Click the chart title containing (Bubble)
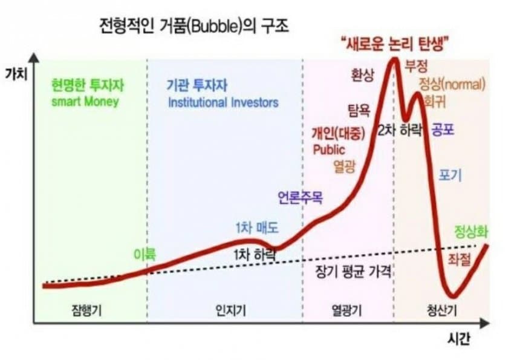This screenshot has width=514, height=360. click(x=194, y=26)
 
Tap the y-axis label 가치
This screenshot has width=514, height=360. click(x=16, y=74)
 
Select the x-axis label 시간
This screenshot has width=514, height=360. click(x=459, y=339)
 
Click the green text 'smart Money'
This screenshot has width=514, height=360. click(x=85, y=102)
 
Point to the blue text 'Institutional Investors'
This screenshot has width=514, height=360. click(x=223, y=103)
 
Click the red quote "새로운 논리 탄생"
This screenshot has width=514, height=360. click(x=395, y=44)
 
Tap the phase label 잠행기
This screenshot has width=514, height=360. click(x=86, y=310)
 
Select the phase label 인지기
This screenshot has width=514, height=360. click(x=231, y=310)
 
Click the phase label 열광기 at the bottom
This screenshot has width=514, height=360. click(x=346, y=310)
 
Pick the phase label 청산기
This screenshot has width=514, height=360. click(x=441, y=310)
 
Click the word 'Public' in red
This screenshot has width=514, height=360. click(x=329, y=150)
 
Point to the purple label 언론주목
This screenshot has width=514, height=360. click(x=301, y=198)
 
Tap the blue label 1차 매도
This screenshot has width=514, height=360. click(x=258, y=227)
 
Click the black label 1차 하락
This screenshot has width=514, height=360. click(x=255, y=255)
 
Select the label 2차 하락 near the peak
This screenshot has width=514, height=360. click(x=400, y=131)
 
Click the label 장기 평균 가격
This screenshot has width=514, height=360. click(x=353, y=272)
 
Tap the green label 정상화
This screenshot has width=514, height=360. click(x=471, y=232)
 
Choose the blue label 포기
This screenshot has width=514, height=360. click(x=451, y=175)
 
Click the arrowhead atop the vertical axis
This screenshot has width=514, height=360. click(x=34, y=57)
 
